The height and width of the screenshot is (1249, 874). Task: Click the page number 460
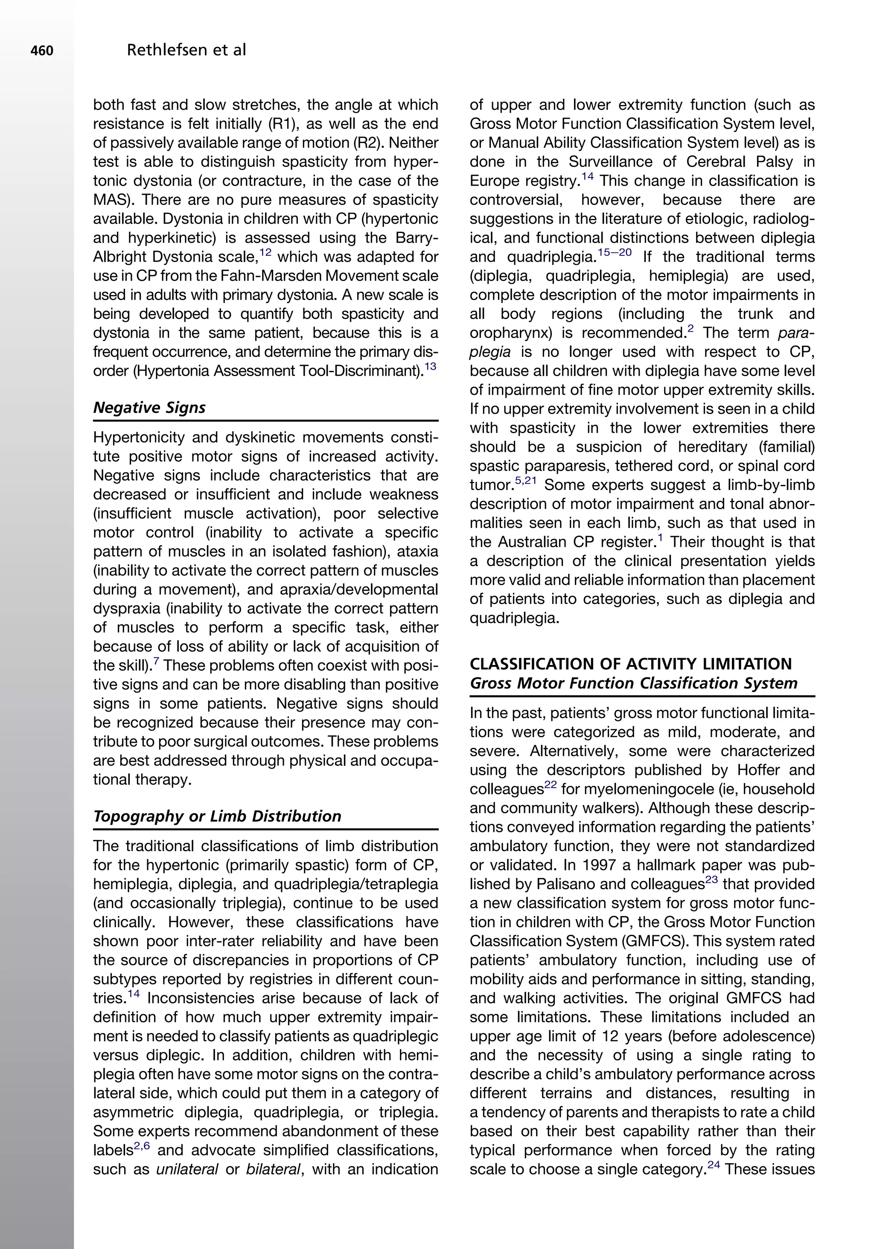(42, 51)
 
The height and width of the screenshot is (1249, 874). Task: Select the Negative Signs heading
(149, 408)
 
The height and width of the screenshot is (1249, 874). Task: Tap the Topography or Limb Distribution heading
(217, 816)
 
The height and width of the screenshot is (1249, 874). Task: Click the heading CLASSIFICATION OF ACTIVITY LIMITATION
(630, 664)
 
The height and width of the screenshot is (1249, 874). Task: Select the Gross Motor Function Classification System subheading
(633, 683)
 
